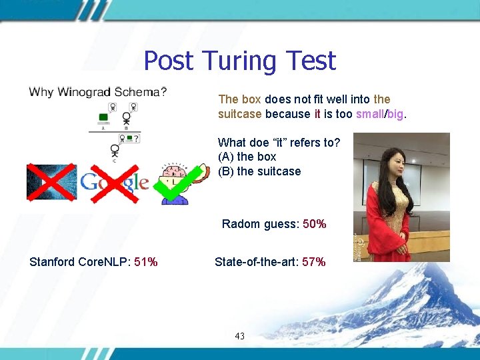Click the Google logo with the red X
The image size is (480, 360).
point(113,182)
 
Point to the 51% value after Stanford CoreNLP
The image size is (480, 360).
point(146,262)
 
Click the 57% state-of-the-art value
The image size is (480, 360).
point(314,262)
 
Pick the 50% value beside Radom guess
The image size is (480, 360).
point(315,224)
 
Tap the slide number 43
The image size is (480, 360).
point(240,336)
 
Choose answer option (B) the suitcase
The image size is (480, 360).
point(259,171)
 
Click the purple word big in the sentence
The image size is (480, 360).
point(395,114)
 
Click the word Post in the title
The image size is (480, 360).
point(168,61)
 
